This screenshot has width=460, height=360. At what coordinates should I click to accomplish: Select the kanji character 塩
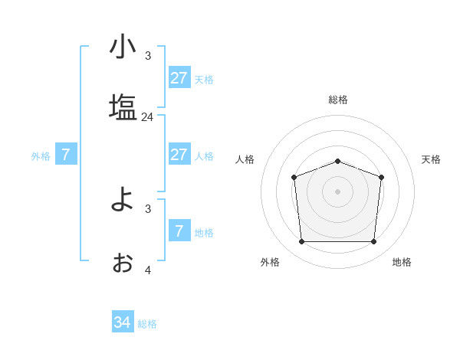123,107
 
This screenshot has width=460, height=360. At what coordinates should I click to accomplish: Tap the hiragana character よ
123,200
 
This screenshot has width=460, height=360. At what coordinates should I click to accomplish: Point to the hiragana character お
123,263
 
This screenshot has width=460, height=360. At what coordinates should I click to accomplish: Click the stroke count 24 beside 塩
147,117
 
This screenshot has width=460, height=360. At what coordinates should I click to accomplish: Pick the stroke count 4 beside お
148,270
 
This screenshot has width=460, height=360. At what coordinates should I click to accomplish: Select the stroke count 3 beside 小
148,55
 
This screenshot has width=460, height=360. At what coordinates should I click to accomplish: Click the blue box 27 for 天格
179,78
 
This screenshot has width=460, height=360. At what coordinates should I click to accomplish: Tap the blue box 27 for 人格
179,155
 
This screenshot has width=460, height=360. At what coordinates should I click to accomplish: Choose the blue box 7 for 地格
179,231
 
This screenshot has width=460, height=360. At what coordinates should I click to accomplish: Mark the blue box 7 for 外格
66,155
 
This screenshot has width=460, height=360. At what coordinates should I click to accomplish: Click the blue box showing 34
122,322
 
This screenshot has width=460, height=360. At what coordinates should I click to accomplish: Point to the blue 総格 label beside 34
147,324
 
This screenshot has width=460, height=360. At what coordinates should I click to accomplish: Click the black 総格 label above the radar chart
338,100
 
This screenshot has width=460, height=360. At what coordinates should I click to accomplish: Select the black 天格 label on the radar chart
431,159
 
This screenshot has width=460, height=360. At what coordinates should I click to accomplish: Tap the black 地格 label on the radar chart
402,262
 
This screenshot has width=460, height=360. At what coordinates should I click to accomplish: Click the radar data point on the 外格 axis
301,242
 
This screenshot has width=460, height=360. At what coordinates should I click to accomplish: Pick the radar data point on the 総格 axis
338,161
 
